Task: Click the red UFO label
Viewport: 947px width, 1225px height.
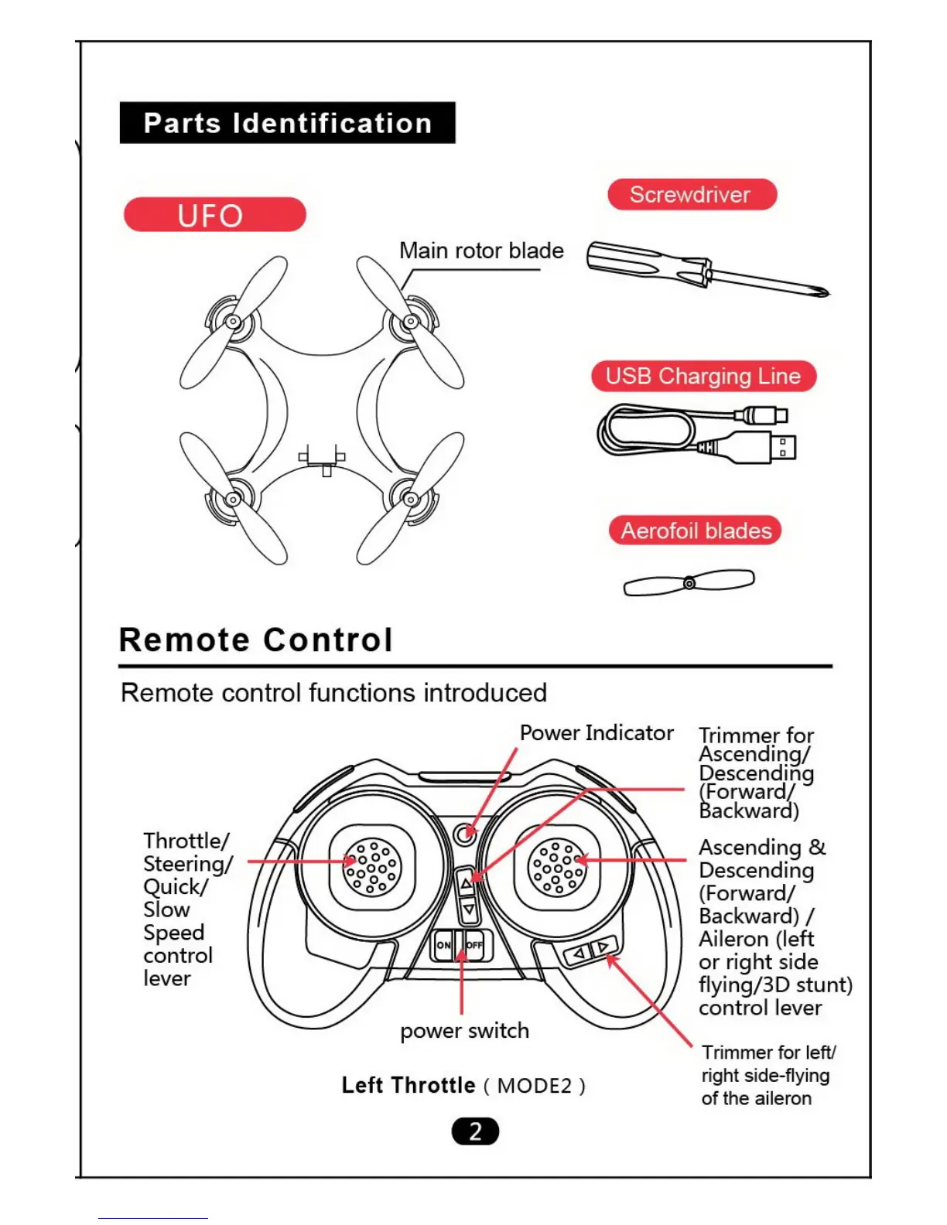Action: (214, 214)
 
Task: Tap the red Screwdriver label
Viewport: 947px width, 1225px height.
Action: (692, 194)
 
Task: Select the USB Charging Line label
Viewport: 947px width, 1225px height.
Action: (703, 376)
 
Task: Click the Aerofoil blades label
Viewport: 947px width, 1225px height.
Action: (696, 531)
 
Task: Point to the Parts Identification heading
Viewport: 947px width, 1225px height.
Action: (287, 123)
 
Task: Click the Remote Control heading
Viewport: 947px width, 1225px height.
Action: (256, 640)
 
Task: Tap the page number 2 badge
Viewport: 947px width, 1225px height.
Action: (475, 1131)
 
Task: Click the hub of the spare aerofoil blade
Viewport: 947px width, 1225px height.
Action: (689, 583)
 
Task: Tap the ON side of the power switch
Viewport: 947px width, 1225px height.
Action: (444, 944)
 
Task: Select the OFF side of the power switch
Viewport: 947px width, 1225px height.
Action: (473, 944)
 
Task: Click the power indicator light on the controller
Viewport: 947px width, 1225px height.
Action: (464, 834)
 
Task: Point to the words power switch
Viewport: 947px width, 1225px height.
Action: (464, 1030)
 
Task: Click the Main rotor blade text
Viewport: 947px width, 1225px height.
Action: (481, 251)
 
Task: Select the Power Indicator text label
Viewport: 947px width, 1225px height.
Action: (596, 732)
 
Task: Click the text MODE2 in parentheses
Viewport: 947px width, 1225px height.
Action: (535, 1086)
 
